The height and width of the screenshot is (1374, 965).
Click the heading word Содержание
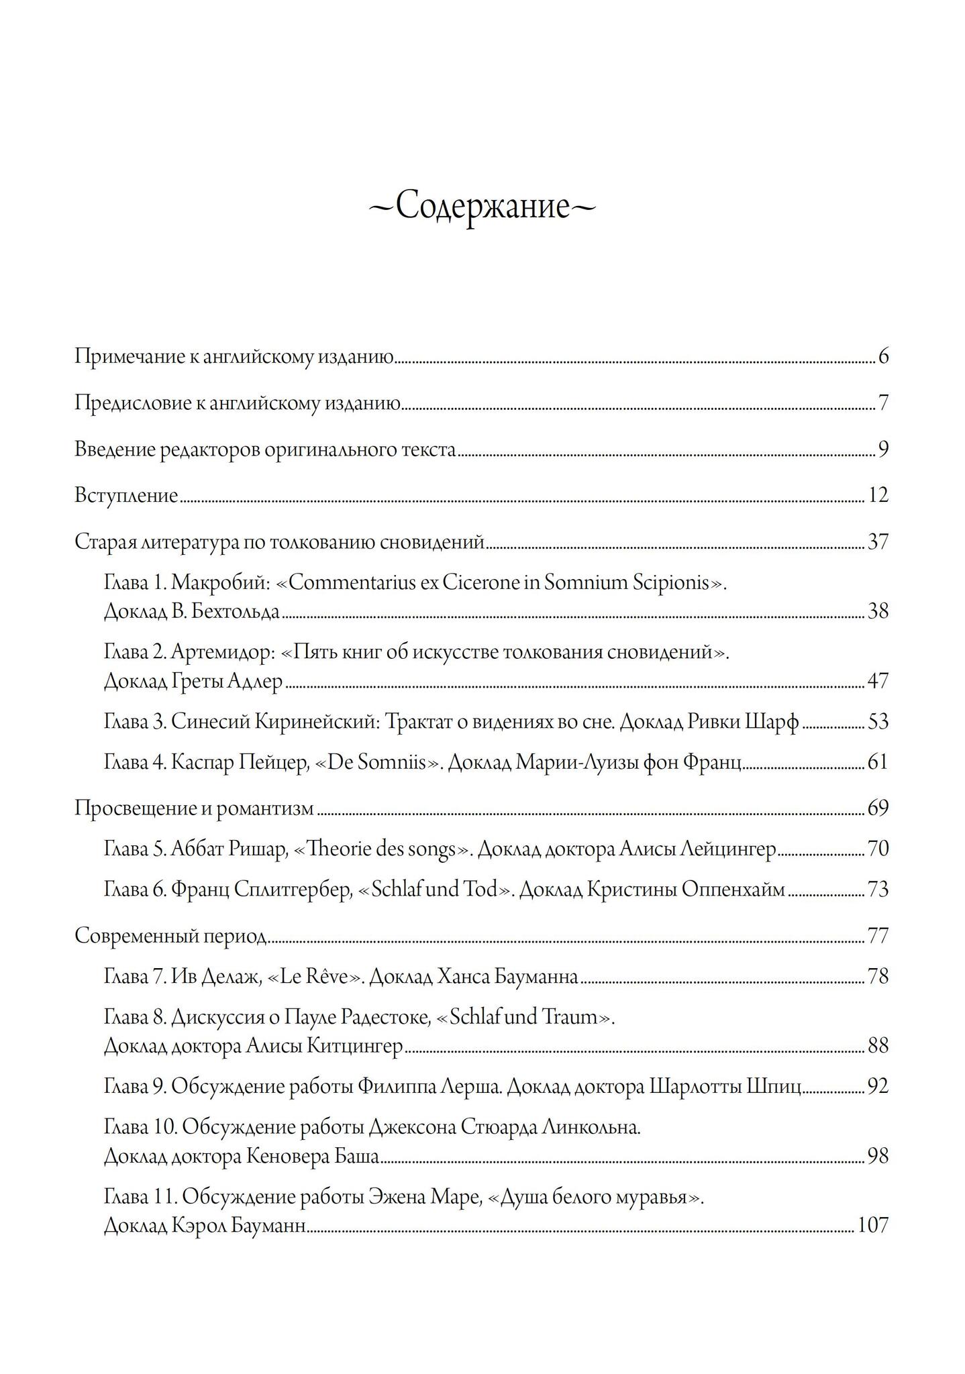coord(482,207)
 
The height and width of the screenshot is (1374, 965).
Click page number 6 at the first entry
coord(883,356)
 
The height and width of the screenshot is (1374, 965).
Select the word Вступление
coord(126,496)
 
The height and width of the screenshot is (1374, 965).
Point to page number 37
coord(878,541)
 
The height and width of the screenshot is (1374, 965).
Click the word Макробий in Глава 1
coord(220,582)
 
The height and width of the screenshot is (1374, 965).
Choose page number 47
coord(878,681)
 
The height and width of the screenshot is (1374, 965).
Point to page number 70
coord(878,849)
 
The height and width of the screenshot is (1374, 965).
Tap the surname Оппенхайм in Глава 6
coord(733,890)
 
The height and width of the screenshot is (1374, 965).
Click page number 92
coord(878,1086)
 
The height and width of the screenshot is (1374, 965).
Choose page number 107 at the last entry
coord(873,1226)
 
